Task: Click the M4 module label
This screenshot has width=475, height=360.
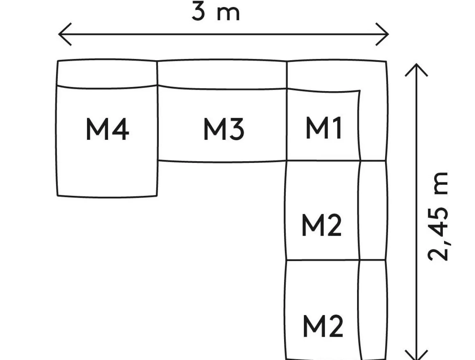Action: (107, 129)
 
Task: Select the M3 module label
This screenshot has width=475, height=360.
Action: (224, 129)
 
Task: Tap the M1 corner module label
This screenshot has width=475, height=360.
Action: (324, 128)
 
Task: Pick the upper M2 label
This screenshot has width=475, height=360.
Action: (321, 225)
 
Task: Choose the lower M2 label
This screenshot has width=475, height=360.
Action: (323, 326)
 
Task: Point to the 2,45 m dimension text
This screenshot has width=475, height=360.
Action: (439, 217)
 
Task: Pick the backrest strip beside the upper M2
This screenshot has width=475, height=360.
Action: (373, 210)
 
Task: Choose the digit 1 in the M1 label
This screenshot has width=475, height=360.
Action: (337, 128)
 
